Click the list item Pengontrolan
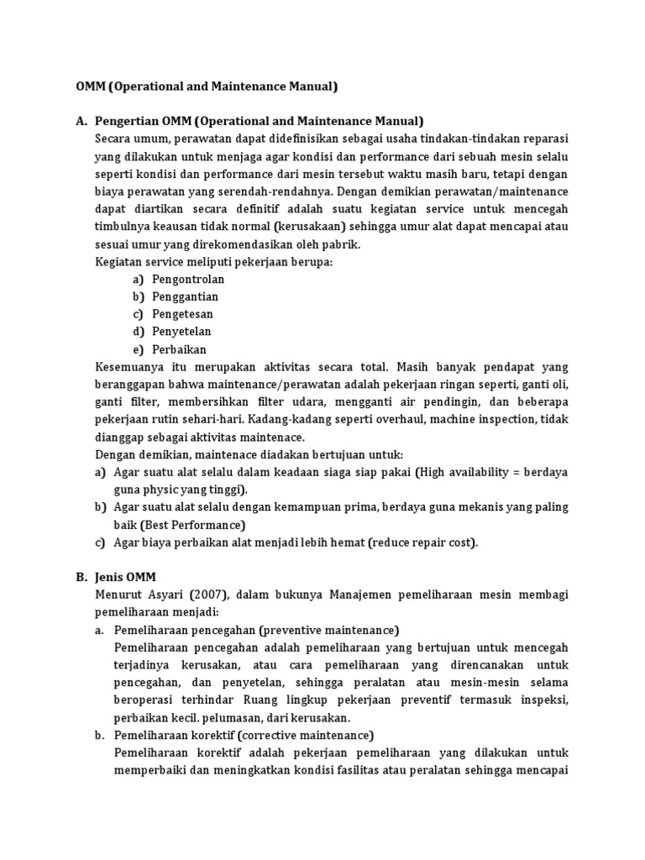(188, 280)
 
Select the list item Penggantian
(185, 297)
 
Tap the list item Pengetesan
(182, 314)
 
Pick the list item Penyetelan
(182, 332)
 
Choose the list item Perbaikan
(179, 349)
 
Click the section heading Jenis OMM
(125, 577)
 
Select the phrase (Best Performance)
(192, 525)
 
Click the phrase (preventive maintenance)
(329, 630)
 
